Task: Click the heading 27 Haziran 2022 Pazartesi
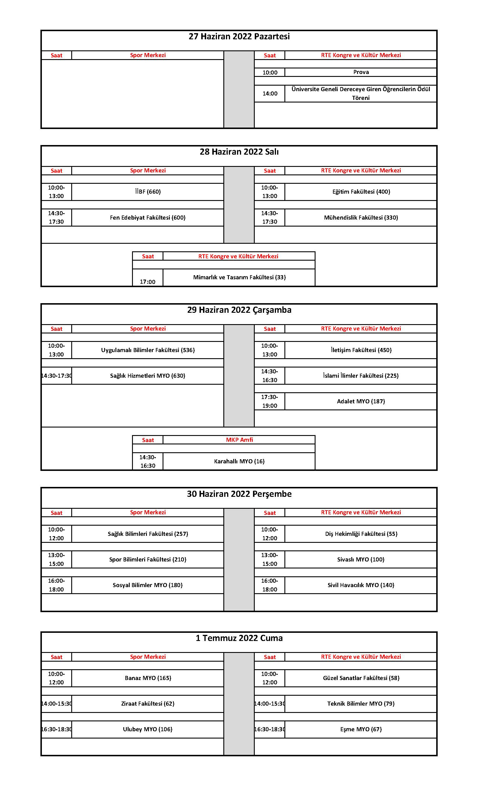point(239,36)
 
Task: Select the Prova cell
point(361,72)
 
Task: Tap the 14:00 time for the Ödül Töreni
point(270,93)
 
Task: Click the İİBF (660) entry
point(148,192)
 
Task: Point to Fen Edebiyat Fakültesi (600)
point(148,218)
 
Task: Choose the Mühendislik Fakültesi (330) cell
point(361,218)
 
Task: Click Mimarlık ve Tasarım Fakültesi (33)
point(239,277)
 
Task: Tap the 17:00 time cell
point(148,282)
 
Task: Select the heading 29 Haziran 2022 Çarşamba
point(239,310)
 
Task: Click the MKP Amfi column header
point(239,439)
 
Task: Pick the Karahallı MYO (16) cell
point(239,461)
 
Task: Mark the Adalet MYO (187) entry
point(361,401)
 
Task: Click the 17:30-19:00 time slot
point(270,401)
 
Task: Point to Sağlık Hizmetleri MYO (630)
point(148,375)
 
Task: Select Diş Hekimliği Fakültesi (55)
point(361,534)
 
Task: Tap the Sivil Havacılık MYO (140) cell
point(361,585)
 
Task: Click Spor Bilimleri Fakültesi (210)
point(148,559)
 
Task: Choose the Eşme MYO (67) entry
point(361,729)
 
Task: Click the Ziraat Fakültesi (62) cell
point(148,703)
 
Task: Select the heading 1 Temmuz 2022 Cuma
point(239,638)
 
